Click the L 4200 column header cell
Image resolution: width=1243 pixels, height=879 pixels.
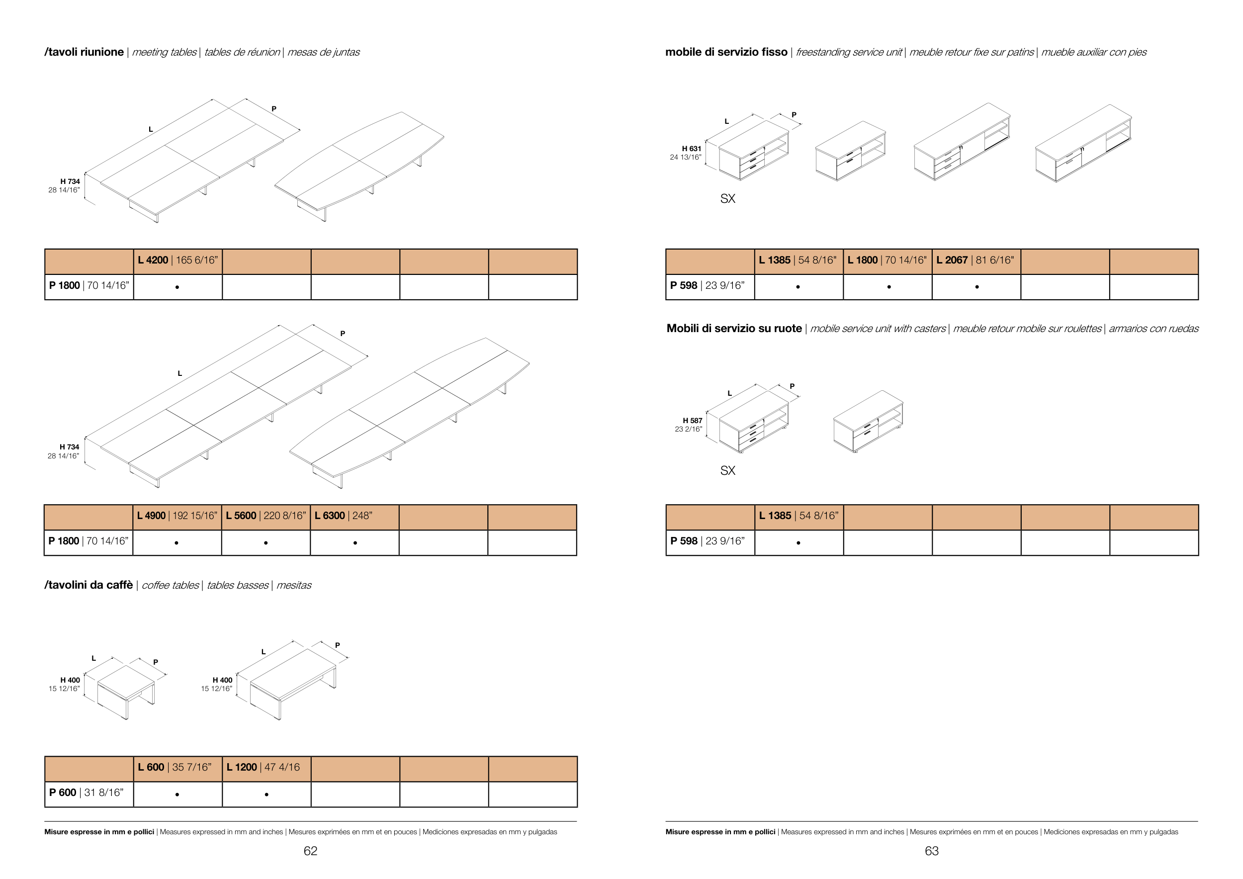pyautogui.click(x=178, y=261)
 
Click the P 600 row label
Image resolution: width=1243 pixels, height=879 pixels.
pyautogui.click(x=87, y=793)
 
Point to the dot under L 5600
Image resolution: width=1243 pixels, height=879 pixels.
pyautogui.click(x=266, y=543)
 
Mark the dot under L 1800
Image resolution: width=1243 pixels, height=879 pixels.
pyautogui.click(x=889, y=287)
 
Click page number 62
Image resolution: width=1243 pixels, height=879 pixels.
pyautogui.click(x=310, y=851)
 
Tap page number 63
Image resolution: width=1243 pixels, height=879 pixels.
pyautogui.click(x=931, y=851)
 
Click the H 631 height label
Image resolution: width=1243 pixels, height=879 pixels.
pyautogui.click(x=691, y=149)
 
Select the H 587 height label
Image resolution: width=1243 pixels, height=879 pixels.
pyautogui.click(x=692, y=421)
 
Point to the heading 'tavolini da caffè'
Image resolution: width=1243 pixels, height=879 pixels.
pyautogui.click(x=89, y=585)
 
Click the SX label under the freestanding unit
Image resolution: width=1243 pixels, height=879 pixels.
pyautogui.click(x=727, y=199)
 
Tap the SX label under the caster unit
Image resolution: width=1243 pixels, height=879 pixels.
pyautogui.click(x=727, y=471)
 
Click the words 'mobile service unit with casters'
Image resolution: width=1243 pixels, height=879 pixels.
pyautogui.click(x=878, y=329)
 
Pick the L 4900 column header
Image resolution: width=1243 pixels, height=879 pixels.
pyautogui.click(x=177, y=516)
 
